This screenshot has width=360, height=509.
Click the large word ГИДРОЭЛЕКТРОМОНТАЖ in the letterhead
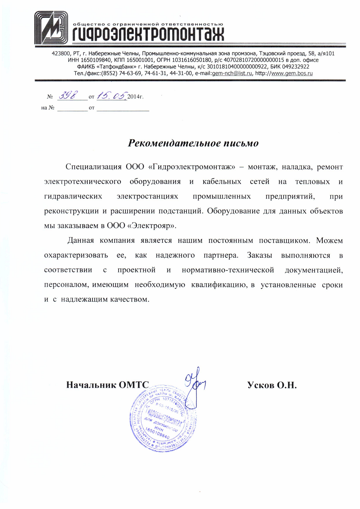point(148,34)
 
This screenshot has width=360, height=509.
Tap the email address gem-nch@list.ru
point(232,73)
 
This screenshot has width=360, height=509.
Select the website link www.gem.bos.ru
point(292,73)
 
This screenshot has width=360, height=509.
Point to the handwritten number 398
point(68,96)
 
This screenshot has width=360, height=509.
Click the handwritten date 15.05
point(112,96)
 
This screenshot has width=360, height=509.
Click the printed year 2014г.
point(135,97)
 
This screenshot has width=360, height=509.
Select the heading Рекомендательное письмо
point(193,143)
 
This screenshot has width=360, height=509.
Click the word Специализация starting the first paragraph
point(93,167)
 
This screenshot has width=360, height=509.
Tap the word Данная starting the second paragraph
point(81,240)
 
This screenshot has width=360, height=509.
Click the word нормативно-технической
point(228,270)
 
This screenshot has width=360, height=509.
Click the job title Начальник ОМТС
point(107,385)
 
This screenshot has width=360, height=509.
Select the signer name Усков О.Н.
point(272,385)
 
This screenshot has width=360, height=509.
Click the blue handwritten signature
point(195,384)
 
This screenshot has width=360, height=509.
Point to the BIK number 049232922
point(295,67)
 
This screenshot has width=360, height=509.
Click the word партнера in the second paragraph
point(221,256)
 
